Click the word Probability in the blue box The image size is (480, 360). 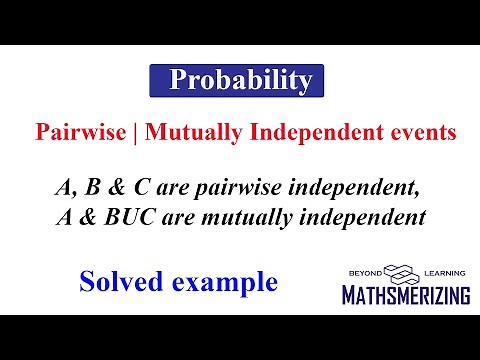coord(240,80)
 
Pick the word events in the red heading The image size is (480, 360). coord(390,132)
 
